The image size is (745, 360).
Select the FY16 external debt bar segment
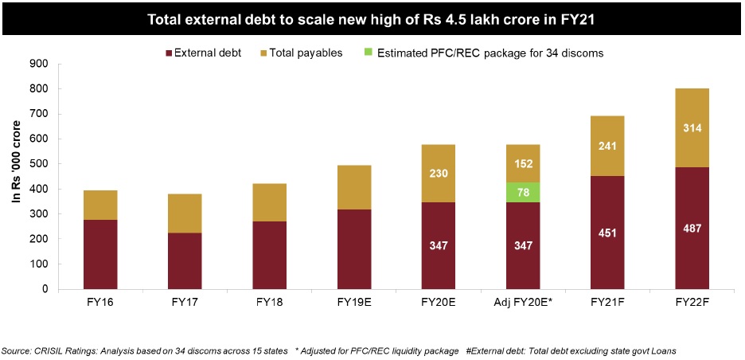[x=100, y=254]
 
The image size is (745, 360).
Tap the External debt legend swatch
[x=170, y=53]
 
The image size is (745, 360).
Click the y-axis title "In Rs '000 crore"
[x=15, y=175]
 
